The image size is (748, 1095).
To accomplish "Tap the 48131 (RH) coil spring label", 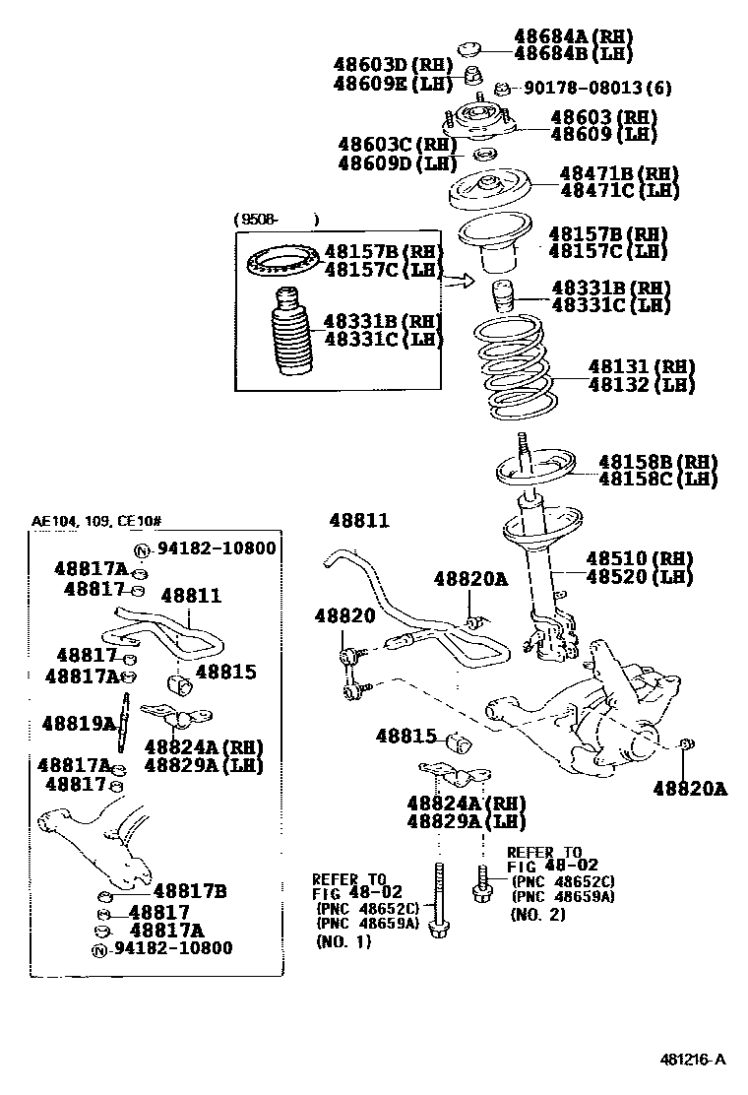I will click(x=641, y=367).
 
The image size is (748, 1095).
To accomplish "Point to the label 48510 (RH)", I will click(x=640, y=557).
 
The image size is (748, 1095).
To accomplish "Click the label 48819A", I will click(x=79, y=724).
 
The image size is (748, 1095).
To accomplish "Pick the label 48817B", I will click(x=190, y=891).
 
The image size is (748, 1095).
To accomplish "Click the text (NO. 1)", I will click(x=343, y=942).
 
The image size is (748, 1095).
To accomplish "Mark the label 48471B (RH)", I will click(x=619, y=173).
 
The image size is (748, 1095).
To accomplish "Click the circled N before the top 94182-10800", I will click(x=141, y=549).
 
